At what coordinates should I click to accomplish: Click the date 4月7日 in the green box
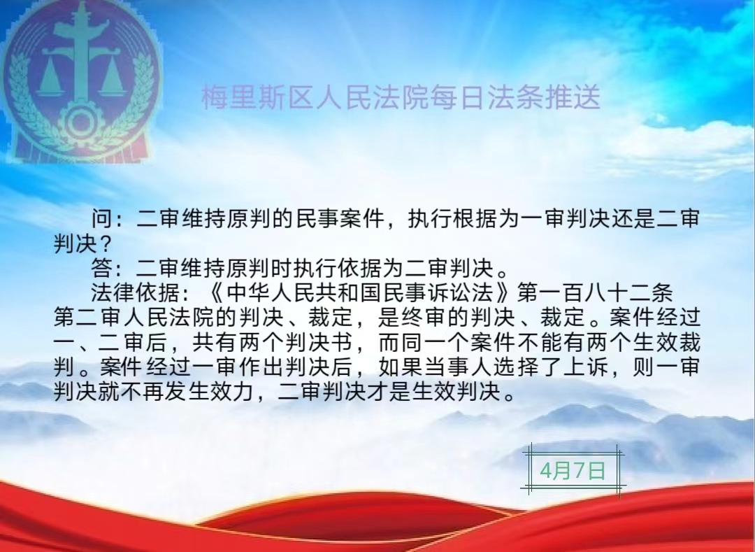click(x=573, y=470)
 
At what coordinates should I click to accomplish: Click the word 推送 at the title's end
click(x=573, y=97)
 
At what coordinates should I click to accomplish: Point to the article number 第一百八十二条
click(x=595, y=293)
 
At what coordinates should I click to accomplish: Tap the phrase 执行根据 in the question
click(x=452, y=219)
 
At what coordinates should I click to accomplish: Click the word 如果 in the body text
click(x=401, y=367)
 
